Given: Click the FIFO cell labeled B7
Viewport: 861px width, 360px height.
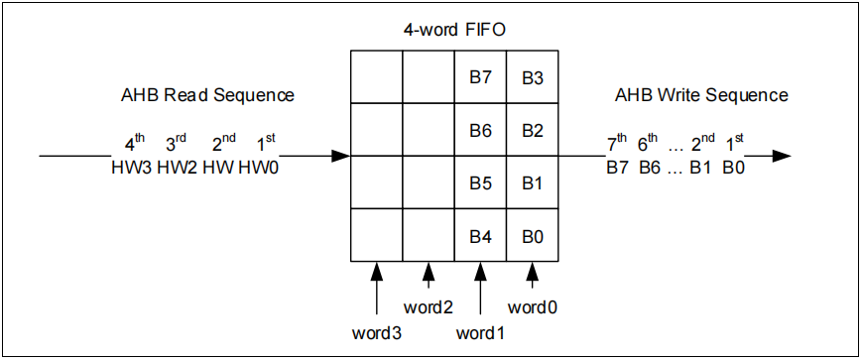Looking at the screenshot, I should (x=480, y=77).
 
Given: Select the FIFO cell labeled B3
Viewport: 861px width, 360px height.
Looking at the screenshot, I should (x=533, y=77).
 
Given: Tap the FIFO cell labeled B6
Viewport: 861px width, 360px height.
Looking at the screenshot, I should (x=480, y=130).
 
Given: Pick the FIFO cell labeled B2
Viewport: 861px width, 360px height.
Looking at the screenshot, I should (x=533, y=130).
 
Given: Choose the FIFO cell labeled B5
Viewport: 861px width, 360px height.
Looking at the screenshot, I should (x=480, y=182).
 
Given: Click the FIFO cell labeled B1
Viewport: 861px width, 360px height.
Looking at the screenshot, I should (x=533, y=182).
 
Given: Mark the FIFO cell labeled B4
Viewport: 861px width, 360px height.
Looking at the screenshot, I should (x=480, y=235).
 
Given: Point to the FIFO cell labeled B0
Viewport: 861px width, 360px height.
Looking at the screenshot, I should (x=533, y=235).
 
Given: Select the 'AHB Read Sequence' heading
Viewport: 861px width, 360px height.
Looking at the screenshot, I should (x=207, y=95).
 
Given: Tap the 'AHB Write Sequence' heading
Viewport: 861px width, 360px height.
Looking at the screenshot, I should (x=701, y=95).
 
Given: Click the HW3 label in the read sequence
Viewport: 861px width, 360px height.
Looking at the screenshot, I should (x=132, y=169).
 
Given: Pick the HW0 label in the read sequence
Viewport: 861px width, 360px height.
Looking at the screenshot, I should (x=258, y=169).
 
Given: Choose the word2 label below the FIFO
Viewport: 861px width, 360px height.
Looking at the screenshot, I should (x=428, y=306).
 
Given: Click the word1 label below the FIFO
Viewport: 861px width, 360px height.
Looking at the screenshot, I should (x=481, y=330).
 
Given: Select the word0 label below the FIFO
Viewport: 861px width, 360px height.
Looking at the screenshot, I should (x=533, y=306).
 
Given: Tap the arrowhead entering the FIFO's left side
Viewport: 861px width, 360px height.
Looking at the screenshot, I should (x=340, y=156).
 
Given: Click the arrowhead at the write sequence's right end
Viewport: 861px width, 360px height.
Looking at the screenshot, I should (x=782, y=156).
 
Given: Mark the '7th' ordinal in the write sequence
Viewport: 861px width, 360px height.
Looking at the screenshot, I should (x=617, y=144).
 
